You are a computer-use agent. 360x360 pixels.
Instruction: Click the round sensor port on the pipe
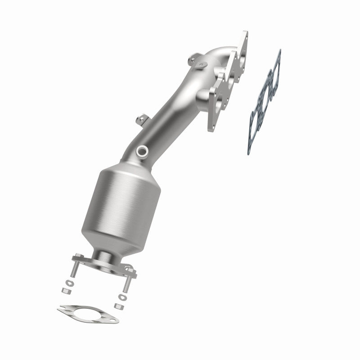(x=144, y=150)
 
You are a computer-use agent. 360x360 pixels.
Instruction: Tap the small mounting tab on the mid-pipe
(x=141, y=120)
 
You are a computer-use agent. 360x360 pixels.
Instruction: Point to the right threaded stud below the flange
(x=126, y=284)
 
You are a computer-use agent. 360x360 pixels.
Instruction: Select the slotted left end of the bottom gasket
(x=63, y=309)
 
